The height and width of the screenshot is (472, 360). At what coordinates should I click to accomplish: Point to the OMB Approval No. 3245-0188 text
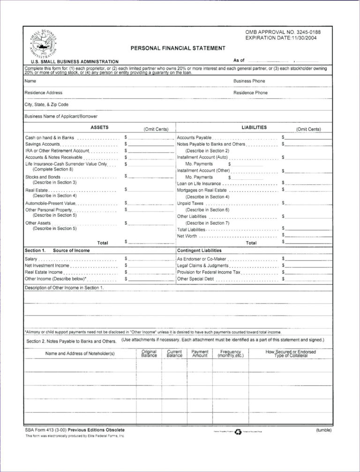coord(283,32)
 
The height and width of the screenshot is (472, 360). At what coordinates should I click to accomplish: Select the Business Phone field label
coord(249,81)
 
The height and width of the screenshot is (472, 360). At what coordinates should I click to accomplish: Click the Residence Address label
coord(43,93)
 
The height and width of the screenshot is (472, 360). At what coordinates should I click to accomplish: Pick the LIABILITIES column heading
coord(254,127)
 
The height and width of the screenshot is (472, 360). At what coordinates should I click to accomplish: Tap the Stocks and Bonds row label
coord(43,177)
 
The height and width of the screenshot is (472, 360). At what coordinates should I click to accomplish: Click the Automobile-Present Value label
coord(50,203)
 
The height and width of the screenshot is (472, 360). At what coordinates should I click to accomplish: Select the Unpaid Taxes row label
coord(190,203)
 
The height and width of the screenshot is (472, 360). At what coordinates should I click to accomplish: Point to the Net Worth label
coord(187,236)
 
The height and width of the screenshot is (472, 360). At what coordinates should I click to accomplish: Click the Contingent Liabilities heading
coord(199,251)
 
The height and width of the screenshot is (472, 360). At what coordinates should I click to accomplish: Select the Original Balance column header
coord(149,354)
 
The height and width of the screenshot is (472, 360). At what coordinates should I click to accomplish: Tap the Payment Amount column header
coord(200,354)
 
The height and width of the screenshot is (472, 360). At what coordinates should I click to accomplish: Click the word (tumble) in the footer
coord(323,430)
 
